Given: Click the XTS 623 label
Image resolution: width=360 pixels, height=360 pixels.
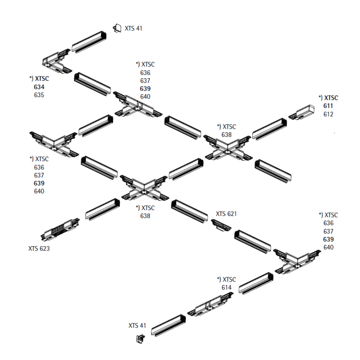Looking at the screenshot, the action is coord(39,248).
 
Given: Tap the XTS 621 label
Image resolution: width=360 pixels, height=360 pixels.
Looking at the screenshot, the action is coord(226,214).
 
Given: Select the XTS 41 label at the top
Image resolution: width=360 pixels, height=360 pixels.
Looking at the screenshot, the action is coord(133,28).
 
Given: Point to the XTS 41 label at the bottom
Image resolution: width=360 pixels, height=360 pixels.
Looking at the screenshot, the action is coord(137,325).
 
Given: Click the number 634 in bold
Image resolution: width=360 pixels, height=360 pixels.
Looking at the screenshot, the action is coord(39,87).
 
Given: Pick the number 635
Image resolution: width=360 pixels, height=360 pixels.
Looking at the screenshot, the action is coord(39,95).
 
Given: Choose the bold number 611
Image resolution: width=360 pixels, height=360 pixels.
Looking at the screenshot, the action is coord(328,106).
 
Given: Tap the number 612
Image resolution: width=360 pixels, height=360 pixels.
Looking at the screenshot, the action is coord(328,114).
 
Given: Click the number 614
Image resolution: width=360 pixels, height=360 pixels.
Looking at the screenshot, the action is coord(226,287).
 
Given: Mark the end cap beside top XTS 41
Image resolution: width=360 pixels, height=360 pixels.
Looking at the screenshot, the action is coord(117,28).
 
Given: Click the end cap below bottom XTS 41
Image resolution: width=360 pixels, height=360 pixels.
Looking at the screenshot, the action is coord(140,339).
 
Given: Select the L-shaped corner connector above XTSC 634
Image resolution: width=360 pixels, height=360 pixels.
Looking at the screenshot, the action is coord(57,62).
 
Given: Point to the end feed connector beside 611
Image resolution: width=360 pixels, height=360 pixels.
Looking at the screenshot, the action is coord(301,112).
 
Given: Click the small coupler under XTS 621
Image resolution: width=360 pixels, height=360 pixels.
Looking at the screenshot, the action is coord(221,225).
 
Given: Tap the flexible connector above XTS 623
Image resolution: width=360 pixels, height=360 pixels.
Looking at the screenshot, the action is coord(60,229).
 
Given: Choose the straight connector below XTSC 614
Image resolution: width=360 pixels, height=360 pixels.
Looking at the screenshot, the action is coord(210,304).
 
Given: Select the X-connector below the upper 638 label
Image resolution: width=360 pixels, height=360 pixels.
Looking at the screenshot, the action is coord(228,148).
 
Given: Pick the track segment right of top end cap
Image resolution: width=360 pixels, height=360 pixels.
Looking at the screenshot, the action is coord(89,41).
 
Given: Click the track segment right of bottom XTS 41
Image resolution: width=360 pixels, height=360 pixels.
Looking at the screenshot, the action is coord(168,325).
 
